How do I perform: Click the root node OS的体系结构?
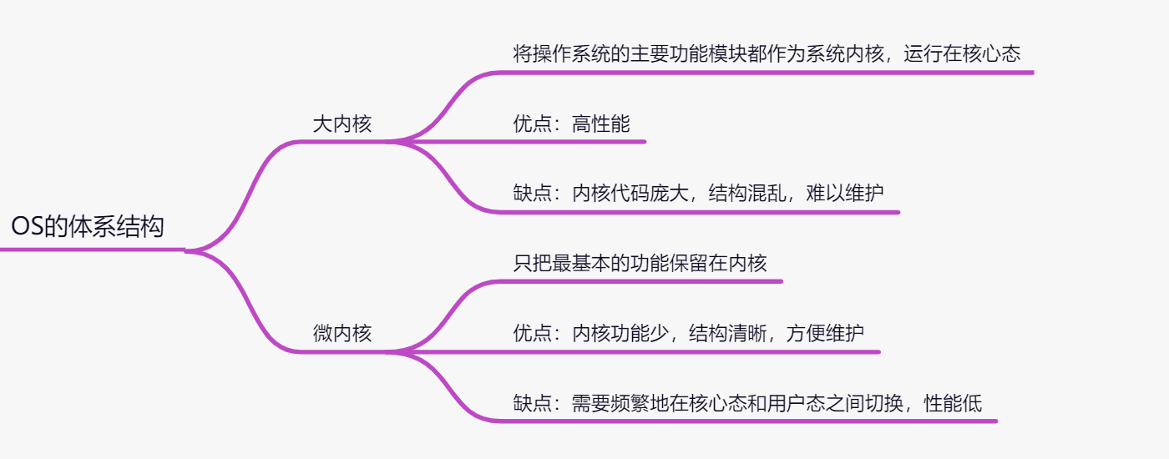pyautogui.click(x=88, y=227)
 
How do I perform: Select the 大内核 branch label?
pyautogui.click(x=342, y=125)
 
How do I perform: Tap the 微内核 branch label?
pyautogui.click(x=342, y=334)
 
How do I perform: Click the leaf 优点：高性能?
pyautogui.click(x=571, y=125)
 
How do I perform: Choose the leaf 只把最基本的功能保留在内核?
pyautogui.click(x=640, y=264)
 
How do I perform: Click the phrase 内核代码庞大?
pyautogui.click(x=630, y=194)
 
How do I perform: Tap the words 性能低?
pyautogui.click(x=953, y=404)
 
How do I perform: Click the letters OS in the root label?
pyautogui.click(x=27, y=227)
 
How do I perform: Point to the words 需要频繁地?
pyautogui.click(x=620, y=404)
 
